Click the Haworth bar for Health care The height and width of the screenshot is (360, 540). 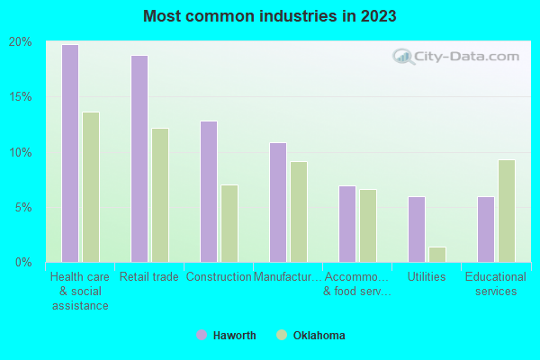(x=69, y=153)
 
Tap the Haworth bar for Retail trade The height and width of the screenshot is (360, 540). (x=139, y=158)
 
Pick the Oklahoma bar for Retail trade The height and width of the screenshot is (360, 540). (x=160, y=195)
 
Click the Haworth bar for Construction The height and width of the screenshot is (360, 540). (x=208, y=192)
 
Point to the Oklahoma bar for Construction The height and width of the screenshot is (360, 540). (x=229, y=223)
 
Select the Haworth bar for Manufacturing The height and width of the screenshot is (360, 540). (x=277, y=202)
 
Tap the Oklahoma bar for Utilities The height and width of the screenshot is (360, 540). (x=437, y=255)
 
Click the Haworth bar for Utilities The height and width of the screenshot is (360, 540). (x=416, y=229)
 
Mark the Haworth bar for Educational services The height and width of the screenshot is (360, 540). (x=485, y=229)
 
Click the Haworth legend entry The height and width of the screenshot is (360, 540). (x=227, y=336)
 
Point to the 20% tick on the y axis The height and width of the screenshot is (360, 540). (x=20, y=41)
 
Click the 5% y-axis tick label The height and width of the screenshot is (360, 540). (x=22, y=207)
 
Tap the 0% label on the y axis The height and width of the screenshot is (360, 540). (x=22, y=262)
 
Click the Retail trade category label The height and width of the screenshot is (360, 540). (x=149, y=277)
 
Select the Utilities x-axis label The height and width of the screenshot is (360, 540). (x=427, y=277)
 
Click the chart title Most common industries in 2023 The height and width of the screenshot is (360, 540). (x=269, y=16)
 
